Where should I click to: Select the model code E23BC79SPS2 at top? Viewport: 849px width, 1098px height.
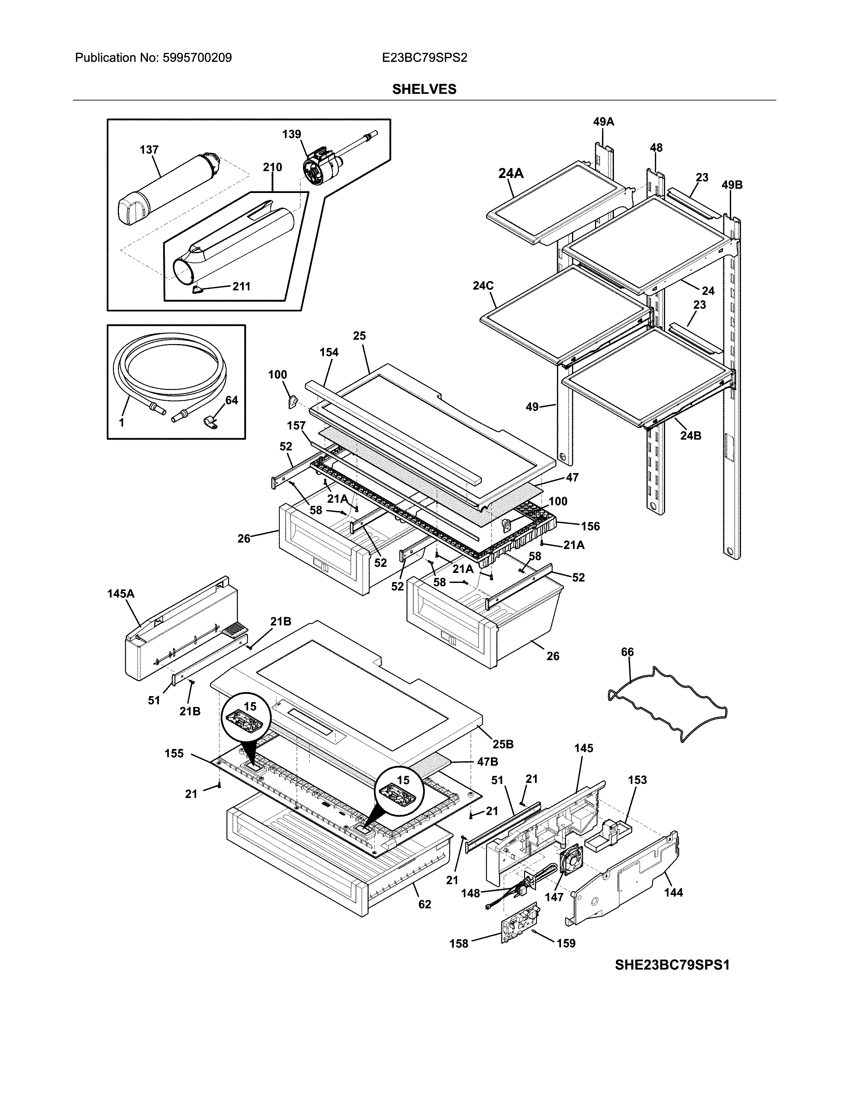(424, 58)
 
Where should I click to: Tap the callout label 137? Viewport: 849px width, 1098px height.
(149, 150)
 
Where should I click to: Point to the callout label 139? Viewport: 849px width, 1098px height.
(291, 134)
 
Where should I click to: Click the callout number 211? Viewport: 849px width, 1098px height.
(241, 286)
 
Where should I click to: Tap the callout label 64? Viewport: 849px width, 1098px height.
(231, 400)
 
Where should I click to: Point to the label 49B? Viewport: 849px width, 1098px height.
(732, 185)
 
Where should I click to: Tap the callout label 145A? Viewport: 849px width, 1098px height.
(121, 594)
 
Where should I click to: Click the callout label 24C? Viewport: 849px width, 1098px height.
(483, 285)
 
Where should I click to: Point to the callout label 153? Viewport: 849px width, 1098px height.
(637, 780)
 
